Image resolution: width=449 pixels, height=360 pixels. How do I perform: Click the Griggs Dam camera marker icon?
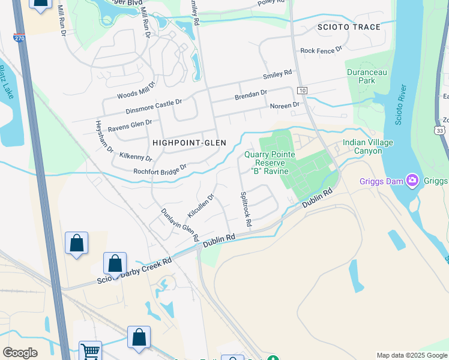(x=412, y=179)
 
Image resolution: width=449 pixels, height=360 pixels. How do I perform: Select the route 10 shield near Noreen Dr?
(x=302, y=90)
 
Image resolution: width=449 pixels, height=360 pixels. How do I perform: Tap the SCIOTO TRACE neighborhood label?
(x=350, y=28)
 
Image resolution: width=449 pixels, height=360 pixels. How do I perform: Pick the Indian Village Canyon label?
(x=368, y=146)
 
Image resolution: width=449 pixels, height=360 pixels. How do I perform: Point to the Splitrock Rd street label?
(x=245, y=209)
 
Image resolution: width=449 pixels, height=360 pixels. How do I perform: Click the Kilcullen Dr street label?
(x=200, y=205)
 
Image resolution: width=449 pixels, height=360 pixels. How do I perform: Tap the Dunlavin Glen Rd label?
(x=179, y=224)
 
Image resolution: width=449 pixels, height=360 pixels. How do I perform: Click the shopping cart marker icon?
(x=91, y=351)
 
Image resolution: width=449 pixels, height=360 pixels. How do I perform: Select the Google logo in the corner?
(x=20, y=353)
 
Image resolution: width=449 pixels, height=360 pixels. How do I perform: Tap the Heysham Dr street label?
(x=104, y=136)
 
